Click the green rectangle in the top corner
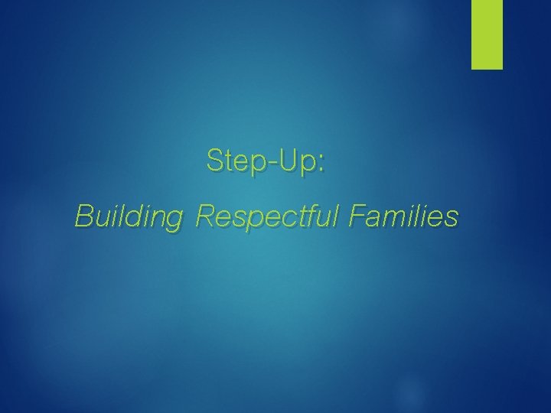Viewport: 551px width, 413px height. click(487, 34)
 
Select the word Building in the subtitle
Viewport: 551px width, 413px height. click(129, 218)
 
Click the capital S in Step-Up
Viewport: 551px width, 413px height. click(215, 161)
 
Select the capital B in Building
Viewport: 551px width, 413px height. click(83, 216)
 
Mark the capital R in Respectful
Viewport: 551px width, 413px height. click(205, 216)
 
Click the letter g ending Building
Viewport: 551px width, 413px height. click(174, 221)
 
